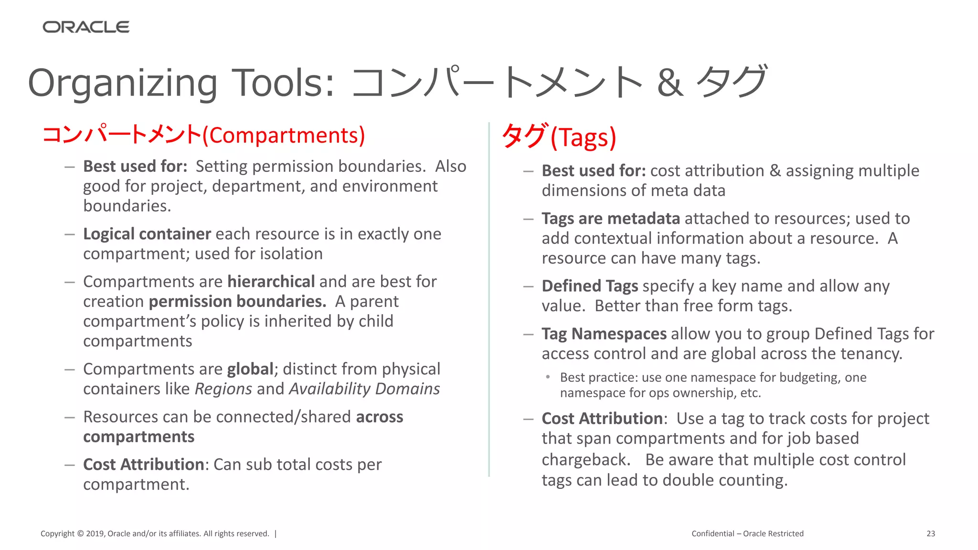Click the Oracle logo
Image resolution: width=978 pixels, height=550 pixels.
86,27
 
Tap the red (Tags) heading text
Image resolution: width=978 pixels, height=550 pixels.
584,137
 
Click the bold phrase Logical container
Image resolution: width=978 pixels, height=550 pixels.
147,234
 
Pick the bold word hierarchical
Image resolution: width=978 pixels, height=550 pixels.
271,282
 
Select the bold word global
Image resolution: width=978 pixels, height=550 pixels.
250,369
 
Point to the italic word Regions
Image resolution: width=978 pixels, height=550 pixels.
223,389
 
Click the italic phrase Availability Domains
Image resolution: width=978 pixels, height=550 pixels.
364,389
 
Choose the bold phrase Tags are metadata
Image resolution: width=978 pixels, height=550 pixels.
610,219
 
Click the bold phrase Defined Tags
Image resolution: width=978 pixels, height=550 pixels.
590,286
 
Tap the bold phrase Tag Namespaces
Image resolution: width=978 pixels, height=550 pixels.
604,334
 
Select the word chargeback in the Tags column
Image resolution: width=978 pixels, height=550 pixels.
586,460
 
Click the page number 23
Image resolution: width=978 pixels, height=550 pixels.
931,534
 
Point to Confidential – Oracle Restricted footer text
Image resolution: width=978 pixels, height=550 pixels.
747,534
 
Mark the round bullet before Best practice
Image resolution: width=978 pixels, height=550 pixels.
548,377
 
